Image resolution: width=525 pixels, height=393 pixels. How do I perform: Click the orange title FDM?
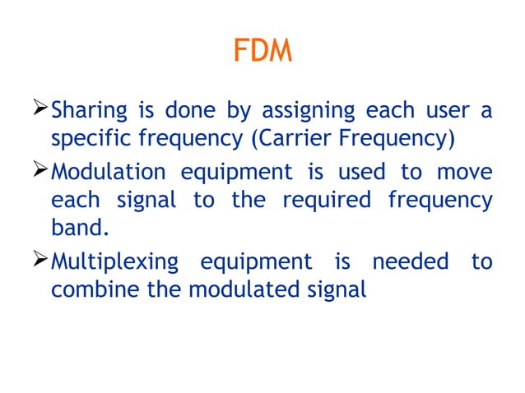pos(262,52)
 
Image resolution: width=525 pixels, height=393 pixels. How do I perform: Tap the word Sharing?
pos(89,111)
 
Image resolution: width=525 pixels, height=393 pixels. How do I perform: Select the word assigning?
pos(309,111)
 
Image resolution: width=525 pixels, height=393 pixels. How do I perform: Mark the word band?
pos(81,228)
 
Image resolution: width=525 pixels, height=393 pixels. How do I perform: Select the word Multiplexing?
pos(114,262)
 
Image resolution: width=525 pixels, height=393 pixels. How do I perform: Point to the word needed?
pos(411,261)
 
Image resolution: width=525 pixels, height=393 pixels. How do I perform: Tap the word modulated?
pos(250,289)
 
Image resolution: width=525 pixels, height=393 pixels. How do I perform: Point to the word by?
pos(231,111)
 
